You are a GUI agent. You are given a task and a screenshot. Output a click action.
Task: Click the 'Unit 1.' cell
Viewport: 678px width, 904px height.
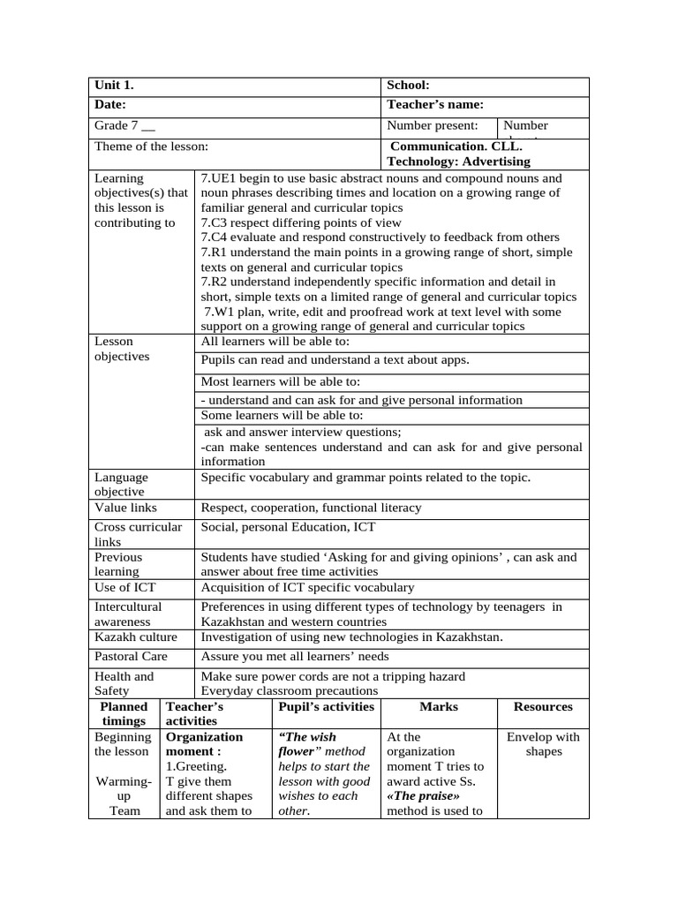click(114, 86)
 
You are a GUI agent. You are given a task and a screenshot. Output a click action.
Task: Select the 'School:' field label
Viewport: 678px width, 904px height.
click(408, 86)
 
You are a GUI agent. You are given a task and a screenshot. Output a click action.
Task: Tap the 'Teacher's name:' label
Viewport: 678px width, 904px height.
click(435, 105)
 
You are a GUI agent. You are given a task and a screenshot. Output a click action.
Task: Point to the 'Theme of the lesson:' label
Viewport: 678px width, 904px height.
click(151, 147)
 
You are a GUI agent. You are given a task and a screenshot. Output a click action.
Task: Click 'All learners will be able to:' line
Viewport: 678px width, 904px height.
click(275, 342)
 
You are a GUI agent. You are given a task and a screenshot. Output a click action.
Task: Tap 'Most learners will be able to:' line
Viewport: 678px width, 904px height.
click(281, 382)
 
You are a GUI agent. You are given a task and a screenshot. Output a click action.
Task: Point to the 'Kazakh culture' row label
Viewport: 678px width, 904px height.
click(135, 637)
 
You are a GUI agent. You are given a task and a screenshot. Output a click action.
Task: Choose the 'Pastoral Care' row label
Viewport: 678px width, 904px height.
click(131, 657)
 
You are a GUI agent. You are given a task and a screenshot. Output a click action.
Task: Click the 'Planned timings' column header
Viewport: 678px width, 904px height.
click(124, 714)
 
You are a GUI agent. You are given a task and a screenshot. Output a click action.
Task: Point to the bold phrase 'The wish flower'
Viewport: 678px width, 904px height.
click(307, 744)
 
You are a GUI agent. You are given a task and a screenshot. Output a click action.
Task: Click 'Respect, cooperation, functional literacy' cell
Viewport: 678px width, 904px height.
click(311, 508)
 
